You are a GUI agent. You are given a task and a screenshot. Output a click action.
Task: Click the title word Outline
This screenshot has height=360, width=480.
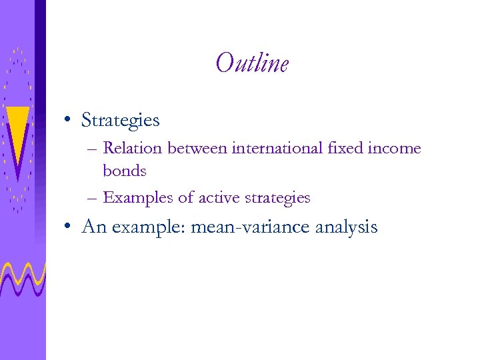(252, 64)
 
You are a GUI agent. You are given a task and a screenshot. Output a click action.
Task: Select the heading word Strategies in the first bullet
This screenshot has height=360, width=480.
(120, 120)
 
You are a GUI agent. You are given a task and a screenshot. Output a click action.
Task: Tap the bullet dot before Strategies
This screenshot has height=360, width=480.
(69, 121)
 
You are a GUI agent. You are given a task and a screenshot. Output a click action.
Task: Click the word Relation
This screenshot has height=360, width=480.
(133, 148)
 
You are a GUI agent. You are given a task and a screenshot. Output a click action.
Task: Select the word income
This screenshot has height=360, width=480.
(399, 149)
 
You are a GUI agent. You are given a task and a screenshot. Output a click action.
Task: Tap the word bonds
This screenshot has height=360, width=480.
(124, 171)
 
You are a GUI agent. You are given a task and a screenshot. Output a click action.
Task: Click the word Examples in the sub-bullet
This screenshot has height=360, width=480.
(135, 198)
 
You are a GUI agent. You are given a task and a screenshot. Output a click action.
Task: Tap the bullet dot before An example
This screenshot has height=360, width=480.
(69, 227)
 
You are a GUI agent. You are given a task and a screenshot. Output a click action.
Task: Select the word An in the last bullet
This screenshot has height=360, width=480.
(94, 227)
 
